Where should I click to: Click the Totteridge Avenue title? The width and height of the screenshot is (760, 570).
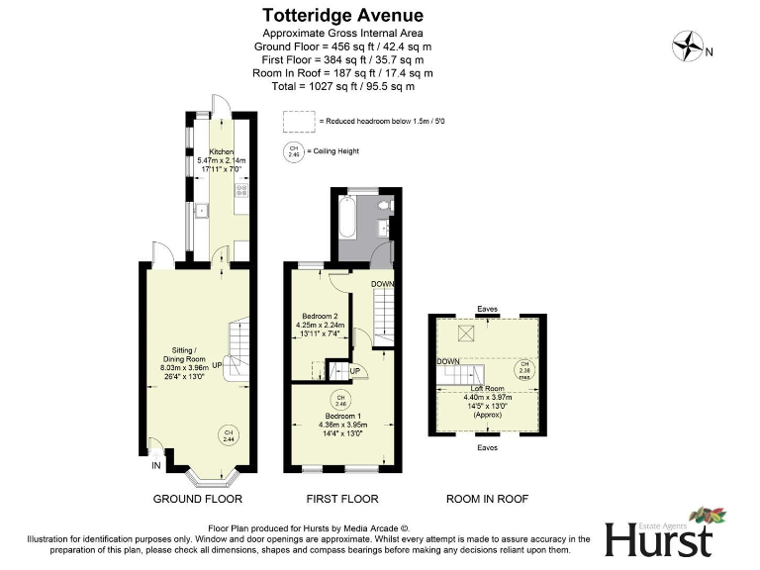point(342,15)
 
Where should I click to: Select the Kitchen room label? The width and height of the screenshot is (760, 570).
point(221,151)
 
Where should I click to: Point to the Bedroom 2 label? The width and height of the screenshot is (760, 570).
point(319,317)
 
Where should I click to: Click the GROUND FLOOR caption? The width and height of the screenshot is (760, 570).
point(197,499)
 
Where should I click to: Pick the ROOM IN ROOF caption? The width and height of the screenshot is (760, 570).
point(488,499)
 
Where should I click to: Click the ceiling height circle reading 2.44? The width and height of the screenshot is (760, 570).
point(228,434)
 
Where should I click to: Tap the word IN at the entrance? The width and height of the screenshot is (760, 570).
point(155,465)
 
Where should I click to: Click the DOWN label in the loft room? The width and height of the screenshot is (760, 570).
point(448,361)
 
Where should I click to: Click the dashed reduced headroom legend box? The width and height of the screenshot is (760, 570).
point(296,121)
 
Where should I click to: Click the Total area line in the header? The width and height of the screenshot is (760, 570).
point(342,86)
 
